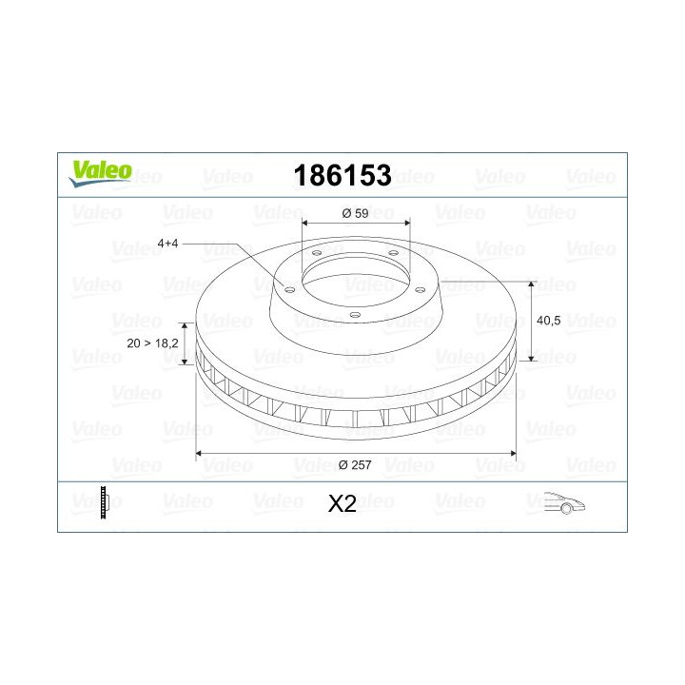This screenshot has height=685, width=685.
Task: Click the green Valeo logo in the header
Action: coord(99,171)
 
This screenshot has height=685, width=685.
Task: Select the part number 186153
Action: coord(342,175)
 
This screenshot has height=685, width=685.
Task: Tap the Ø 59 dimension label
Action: coord(355,213)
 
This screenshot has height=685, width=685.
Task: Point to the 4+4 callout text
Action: coord(167,244)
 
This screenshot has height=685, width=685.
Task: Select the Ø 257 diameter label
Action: coord(355,464)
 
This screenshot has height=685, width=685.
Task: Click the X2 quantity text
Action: coord(342,504)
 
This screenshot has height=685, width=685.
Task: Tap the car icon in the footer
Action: coord(563,503)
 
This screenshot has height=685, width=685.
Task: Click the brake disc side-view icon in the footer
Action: coord(105,502)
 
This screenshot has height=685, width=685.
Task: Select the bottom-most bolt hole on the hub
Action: coord(353,315)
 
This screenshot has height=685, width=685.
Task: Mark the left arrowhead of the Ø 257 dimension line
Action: coord(200,453)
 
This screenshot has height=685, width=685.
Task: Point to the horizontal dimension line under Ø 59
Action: coord(355,225)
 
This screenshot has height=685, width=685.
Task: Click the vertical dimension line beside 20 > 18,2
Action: coord(187,343)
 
